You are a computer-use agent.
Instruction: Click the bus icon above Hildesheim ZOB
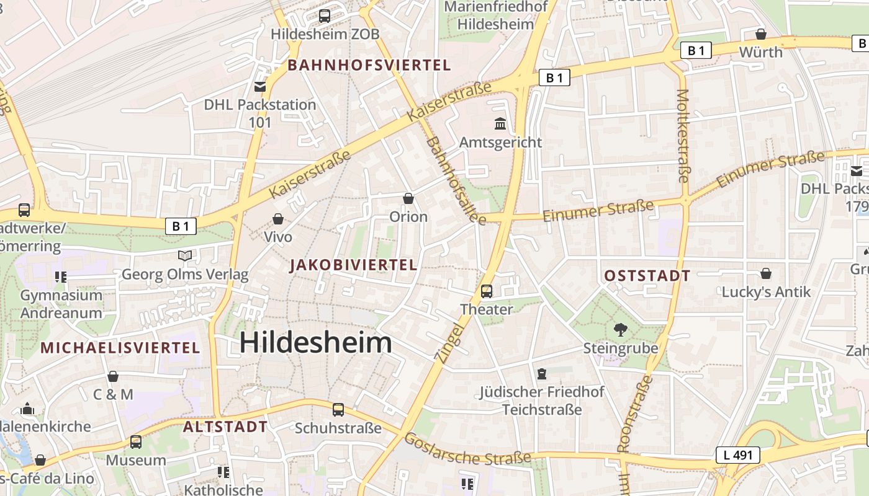pos(324,16)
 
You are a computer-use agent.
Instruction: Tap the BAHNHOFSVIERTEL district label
pos(369,65)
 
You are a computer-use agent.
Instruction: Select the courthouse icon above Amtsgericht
pos(500,124)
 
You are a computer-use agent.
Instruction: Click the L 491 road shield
pos(737,455)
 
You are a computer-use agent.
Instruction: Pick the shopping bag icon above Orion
pos(408,198)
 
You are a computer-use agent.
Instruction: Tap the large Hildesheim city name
pos(315,342)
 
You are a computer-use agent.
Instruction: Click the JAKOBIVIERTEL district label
pos(353,265)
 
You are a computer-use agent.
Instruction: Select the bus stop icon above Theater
pos(487,291)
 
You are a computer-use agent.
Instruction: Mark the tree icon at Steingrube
pos(620,330)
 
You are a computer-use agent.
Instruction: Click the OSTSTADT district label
pos(647,277)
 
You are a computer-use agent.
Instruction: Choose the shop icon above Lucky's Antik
pos(766,273)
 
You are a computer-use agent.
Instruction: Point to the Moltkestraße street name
pos(683,136)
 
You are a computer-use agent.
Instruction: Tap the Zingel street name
pos(449,342)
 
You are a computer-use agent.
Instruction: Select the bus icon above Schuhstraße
pos(338,410)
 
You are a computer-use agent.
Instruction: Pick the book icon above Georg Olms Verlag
pos(184,255)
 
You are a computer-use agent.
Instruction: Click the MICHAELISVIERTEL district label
pos(120,348)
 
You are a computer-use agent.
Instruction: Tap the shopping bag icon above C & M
pos(113,376)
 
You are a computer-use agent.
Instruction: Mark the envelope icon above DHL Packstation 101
pos(260,87)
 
